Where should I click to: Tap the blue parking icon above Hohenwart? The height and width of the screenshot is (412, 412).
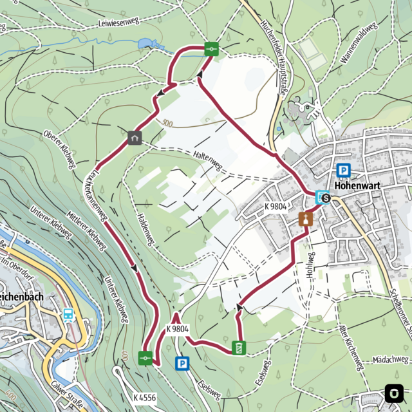tap(344, 171)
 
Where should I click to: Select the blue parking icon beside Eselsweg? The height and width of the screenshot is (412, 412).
tap(182, 364)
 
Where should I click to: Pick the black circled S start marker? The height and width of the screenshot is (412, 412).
tap(326, 198)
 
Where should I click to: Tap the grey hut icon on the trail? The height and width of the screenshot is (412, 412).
tap(135, 137)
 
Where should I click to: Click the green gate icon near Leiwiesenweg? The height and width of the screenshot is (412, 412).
tap(211, 48)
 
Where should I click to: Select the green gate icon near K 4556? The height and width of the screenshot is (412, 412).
tap(146, 357)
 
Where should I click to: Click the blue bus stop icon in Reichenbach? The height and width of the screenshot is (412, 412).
tap(68, 315)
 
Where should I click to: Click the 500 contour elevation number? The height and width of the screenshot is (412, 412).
tap(168, 122)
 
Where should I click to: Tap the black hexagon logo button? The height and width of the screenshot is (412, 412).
tap(392, 392)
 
